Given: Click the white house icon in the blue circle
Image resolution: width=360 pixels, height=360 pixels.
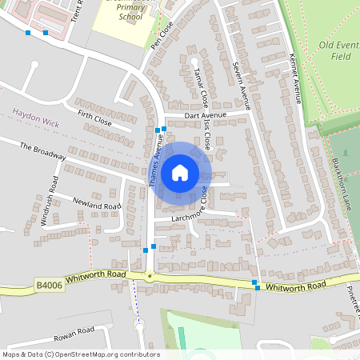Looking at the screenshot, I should point(179,172).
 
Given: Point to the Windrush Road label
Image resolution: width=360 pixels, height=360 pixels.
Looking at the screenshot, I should point(47,210).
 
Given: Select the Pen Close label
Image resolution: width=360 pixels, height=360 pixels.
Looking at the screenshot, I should point(162,35).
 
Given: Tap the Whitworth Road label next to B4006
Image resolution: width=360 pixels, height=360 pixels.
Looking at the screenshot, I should point(96,274).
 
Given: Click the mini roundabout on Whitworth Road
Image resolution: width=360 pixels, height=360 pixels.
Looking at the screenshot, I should point(150,277).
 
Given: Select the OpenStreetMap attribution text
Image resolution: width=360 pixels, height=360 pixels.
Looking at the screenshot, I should point(81,354).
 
